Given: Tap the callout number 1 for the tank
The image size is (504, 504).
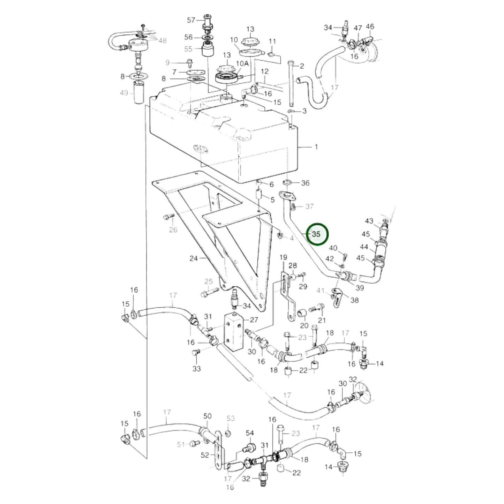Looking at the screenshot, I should tap(316, 147).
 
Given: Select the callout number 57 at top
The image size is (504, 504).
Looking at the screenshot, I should tap(191, 20).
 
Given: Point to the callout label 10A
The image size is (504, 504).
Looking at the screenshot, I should tap(242, 63).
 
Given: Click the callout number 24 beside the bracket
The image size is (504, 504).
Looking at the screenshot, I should tap(194, 258).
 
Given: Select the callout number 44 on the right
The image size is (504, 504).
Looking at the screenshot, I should tap(364, 247).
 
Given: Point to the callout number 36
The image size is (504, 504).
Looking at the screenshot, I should tap(305, 183).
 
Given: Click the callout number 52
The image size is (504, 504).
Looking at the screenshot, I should tap(205, 455).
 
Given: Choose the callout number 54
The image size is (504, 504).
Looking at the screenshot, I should tap(250, 433).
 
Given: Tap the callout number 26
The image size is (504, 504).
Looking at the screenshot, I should tap(173, 230).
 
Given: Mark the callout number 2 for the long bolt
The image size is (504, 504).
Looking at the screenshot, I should tap(302, 66).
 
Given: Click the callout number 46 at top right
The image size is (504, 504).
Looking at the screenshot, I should tap(370, 27).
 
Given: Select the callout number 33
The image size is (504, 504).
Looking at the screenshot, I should tap(197, 368).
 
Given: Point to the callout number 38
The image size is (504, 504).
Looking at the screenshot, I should tap(354, 300).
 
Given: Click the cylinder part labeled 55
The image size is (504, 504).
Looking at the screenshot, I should tap(208, 51).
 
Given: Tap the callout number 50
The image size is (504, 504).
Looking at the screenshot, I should tap(208, 416).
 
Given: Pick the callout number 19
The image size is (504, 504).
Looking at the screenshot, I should tap(283, 257).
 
